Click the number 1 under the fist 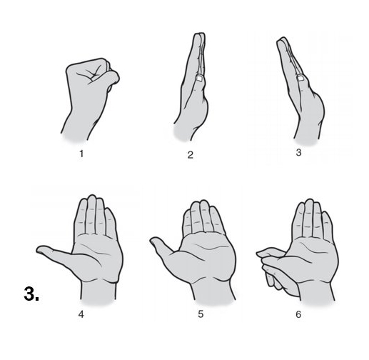coord(81,154)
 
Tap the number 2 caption coord(191,155)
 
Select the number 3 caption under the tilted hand coord(299,152)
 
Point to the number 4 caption coord(81,314)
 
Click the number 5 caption coord(201,314)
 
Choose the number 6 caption coord(298,314)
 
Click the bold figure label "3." coord(31,294)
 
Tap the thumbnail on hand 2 coord(199,78)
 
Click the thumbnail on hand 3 coord(301,78)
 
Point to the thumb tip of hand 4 coord(39,249)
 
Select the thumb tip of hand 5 coord(153,241)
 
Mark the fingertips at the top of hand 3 coord(281,41)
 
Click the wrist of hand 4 coord(98,291)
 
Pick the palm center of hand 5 coord(206,255)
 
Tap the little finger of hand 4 coord(111,223)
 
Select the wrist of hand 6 coord(316,291)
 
